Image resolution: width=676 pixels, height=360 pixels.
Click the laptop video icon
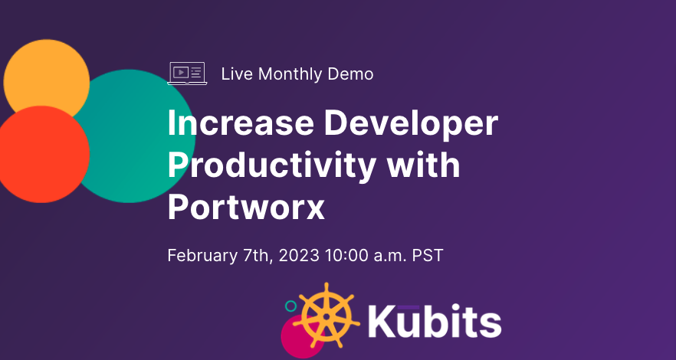187,74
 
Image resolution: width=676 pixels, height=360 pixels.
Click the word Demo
350,74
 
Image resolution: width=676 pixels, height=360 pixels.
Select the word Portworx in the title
246,207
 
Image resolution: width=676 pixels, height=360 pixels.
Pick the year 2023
299,255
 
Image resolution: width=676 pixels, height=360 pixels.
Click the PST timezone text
428,255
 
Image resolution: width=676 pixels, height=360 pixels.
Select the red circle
42,154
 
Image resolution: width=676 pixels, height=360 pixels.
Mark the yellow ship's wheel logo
327,316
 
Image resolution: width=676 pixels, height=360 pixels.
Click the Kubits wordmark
435,320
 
